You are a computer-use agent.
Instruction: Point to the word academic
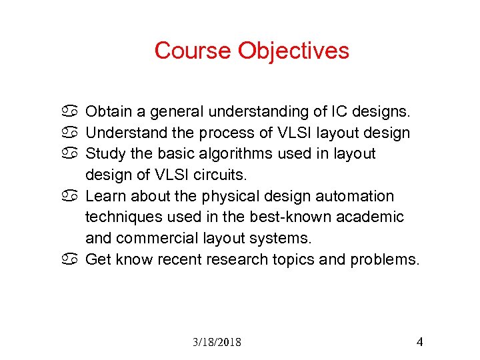tap(372, 217)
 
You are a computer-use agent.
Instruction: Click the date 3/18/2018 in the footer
tap(217, 343)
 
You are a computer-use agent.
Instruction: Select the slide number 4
tap(419, 342)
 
